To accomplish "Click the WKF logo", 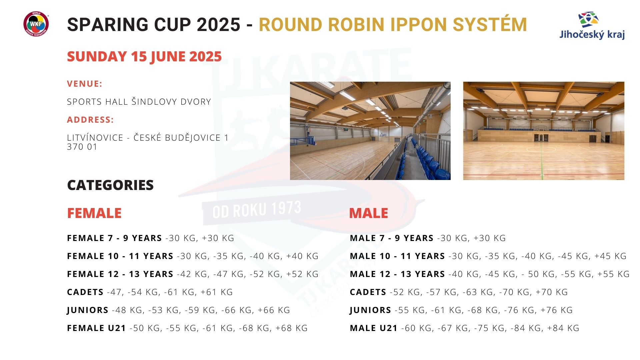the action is pos(36,24).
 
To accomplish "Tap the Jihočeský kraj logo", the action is pos(592,26).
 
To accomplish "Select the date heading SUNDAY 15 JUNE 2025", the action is pos(144,57).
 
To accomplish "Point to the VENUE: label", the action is pos(85,84).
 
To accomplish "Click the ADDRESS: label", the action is pos(90,120).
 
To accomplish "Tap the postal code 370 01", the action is pos(82,147).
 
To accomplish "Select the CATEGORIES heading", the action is pos(110,185).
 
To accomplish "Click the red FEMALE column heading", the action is pos(94,213).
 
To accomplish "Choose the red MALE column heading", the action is pos(369,213).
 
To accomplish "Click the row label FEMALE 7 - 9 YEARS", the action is pos(114,238).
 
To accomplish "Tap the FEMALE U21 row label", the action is pos(96,328).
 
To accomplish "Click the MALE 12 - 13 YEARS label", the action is pos(397,274).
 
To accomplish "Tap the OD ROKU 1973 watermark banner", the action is pos(257,210).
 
